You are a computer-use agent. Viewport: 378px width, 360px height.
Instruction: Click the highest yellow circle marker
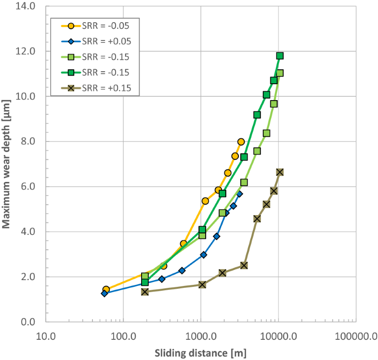click(x=241, y=141)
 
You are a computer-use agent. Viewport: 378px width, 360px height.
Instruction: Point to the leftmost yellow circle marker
click(x=106, y=289)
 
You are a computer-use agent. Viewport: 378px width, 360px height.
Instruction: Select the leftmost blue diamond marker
click(x=104, y=293)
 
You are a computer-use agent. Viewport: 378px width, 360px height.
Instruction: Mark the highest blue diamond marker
click(x=239, y=193)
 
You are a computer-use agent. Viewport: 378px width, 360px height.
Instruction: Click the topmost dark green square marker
click(x=280, y=56)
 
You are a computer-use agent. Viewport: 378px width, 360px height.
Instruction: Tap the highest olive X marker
click(x=280, y=172)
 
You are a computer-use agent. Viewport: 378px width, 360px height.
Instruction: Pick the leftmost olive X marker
click(x=145, y=292)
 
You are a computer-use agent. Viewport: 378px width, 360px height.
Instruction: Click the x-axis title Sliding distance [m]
click(x=200, y=353)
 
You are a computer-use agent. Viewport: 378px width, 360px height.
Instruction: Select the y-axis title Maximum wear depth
click(x=6, y=164)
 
